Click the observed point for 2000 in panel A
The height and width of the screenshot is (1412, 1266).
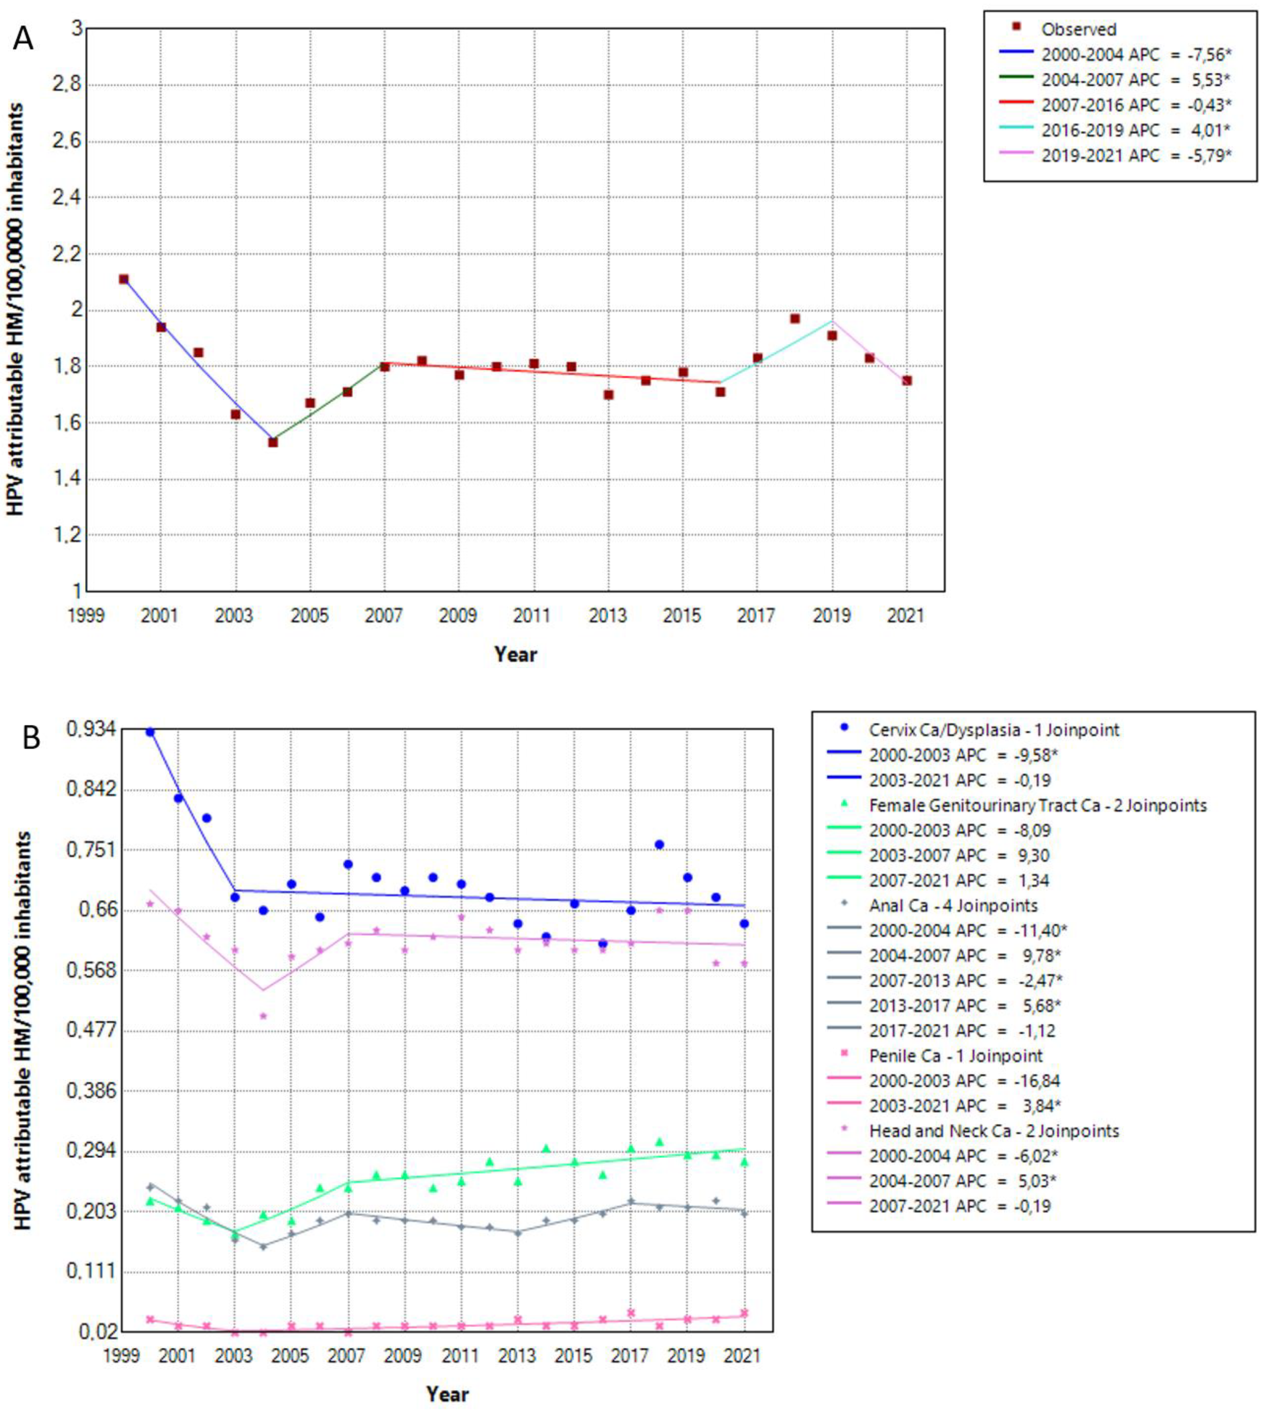pyautogui.click(x=124, y=279)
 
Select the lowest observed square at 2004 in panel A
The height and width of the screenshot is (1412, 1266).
pyautogui.click(x=273, y=442)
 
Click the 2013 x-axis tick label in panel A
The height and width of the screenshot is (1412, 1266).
pyautogui.click(x=608, y=615)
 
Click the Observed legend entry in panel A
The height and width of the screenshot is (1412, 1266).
pyautogui.click(x=1078, y=29)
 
